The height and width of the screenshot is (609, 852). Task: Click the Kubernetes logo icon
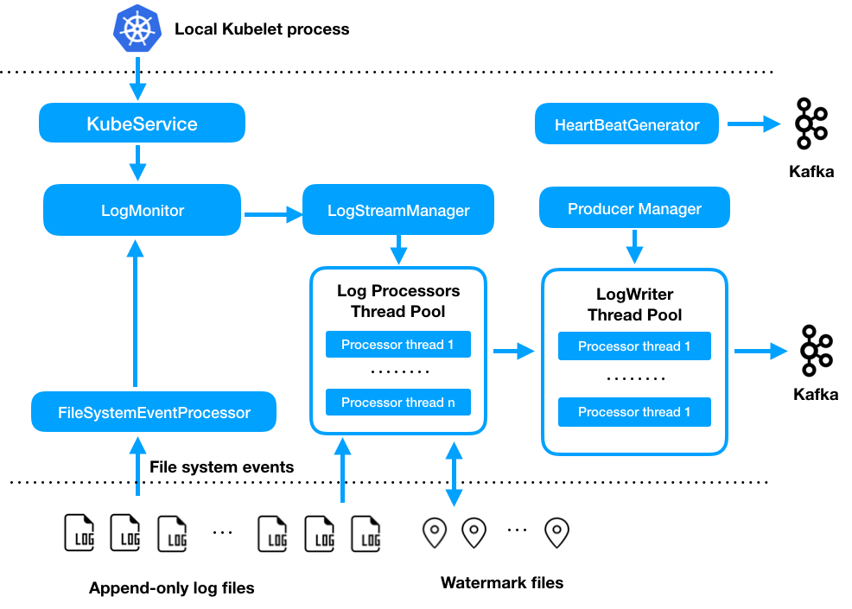137,29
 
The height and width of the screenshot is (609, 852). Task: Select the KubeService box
143,124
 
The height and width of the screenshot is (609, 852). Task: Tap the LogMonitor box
143,210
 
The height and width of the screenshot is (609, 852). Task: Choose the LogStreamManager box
398,210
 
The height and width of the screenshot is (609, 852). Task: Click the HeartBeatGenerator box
626,124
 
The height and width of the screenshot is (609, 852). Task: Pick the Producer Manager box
634,209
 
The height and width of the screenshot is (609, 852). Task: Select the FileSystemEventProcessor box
154,412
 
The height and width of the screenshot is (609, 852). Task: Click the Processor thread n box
398,403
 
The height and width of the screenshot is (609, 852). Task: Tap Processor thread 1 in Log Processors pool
398,345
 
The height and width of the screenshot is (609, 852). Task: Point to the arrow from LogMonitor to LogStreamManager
271,213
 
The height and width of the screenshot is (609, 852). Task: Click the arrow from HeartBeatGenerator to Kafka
753,124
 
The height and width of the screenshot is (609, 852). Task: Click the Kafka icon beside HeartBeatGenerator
811,124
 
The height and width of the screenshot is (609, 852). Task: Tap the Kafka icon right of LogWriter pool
815,350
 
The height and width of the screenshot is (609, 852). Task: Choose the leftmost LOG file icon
79,533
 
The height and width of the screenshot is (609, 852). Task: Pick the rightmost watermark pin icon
556,533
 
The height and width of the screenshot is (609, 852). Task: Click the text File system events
221,467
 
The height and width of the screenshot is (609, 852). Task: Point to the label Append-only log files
172,588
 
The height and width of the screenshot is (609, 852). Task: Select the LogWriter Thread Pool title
634,305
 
